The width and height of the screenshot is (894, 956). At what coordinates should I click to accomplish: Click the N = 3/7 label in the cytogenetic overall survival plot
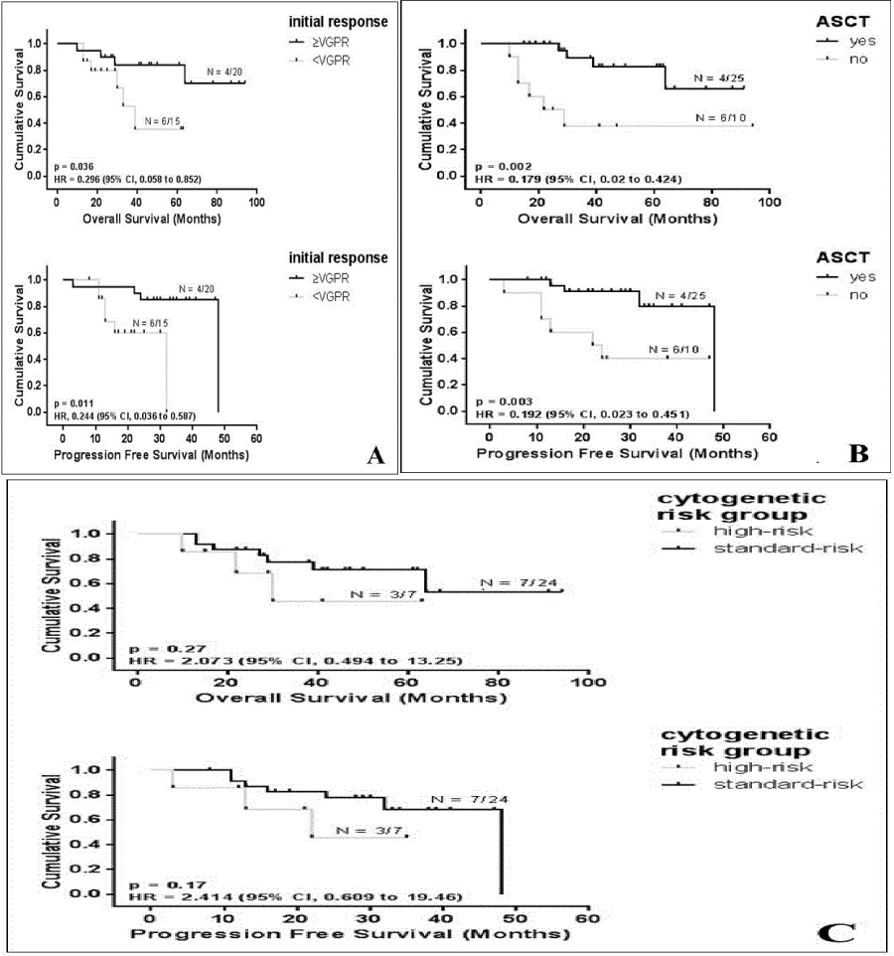[x=378, y=594]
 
